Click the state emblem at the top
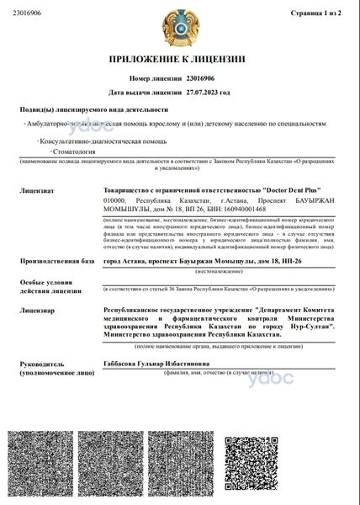(x=179, y=29)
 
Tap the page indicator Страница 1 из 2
(x=322, y=13)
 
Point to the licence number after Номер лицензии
(x=201, y=77)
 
